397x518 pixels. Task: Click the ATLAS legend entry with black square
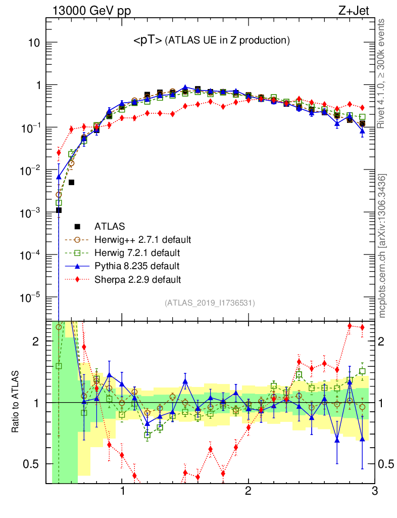[111, 226]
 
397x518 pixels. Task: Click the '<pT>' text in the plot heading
[147, 41]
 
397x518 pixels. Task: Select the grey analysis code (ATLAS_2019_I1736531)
[210, 303]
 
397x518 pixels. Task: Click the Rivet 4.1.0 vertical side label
[382, 73]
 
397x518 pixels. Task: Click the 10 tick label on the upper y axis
[34, 42]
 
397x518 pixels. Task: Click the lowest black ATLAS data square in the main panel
[59, 210]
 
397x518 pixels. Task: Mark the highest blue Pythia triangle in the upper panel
[185, 88]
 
